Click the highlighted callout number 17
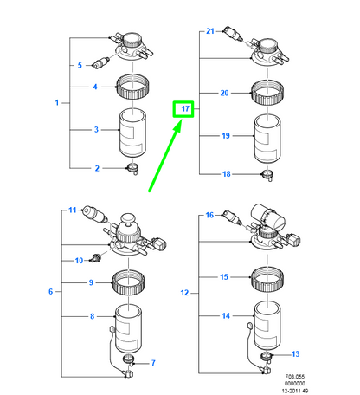click(185, 109)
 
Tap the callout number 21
click(210, 31)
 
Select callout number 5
click(80, 66)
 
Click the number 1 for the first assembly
click(57, 102)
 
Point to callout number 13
click(296, 354)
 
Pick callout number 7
click(153, 363)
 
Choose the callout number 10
click(79, 261)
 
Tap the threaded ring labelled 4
click(132, 87)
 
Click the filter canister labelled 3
click(132, 133)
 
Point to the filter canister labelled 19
click(267, 139)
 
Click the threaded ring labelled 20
click(267, 93)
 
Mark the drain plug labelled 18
click(267, 175)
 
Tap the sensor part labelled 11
click(95, 215)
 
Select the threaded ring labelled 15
click(267, 280)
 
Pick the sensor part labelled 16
click(233, 217)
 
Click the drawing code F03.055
click(294, 377)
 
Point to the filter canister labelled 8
click(128, 328)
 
